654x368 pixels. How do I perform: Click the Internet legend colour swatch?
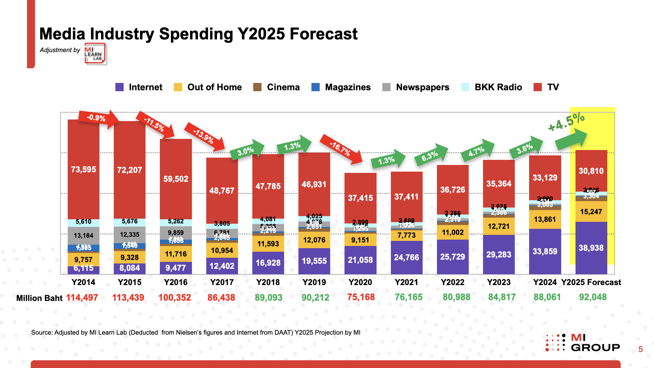click(x=119, y=87)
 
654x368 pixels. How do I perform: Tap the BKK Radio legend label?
click(x=498, y=87)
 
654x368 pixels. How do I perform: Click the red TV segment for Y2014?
click(x=84, y=169)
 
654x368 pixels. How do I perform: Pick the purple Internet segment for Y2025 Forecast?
click(x=591, y=248)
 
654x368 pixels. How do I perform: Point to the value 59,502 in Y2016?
click(x=176, y=179)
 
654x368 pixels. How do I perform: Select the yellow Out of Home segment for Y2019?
click(x=314, y=240)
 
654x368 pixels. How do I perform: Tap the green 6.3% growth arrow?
click(x=431, y=155)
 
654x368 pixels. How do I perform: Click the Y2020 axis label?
click(x=360, y=282)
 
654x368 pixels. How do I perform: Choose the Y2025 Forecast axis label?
click(x=591, y=282)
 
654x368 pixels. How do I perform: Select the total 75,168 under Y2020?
click(x=361, y=297)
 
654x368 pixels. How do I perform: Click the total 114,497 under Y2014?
click(x=82, y=298)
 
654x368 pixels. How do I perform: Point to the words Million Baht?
click(x=39, y=298)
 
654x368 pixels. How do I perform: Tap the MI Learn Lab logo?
click(x=95, y=54)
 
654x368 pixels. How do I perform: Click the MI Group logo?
click(x=583, y=343)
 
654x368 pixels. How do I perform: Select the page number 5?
click(x=640, y=349)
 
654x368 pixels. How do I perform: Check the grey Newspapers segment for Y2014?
click(x=84, y=235)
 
